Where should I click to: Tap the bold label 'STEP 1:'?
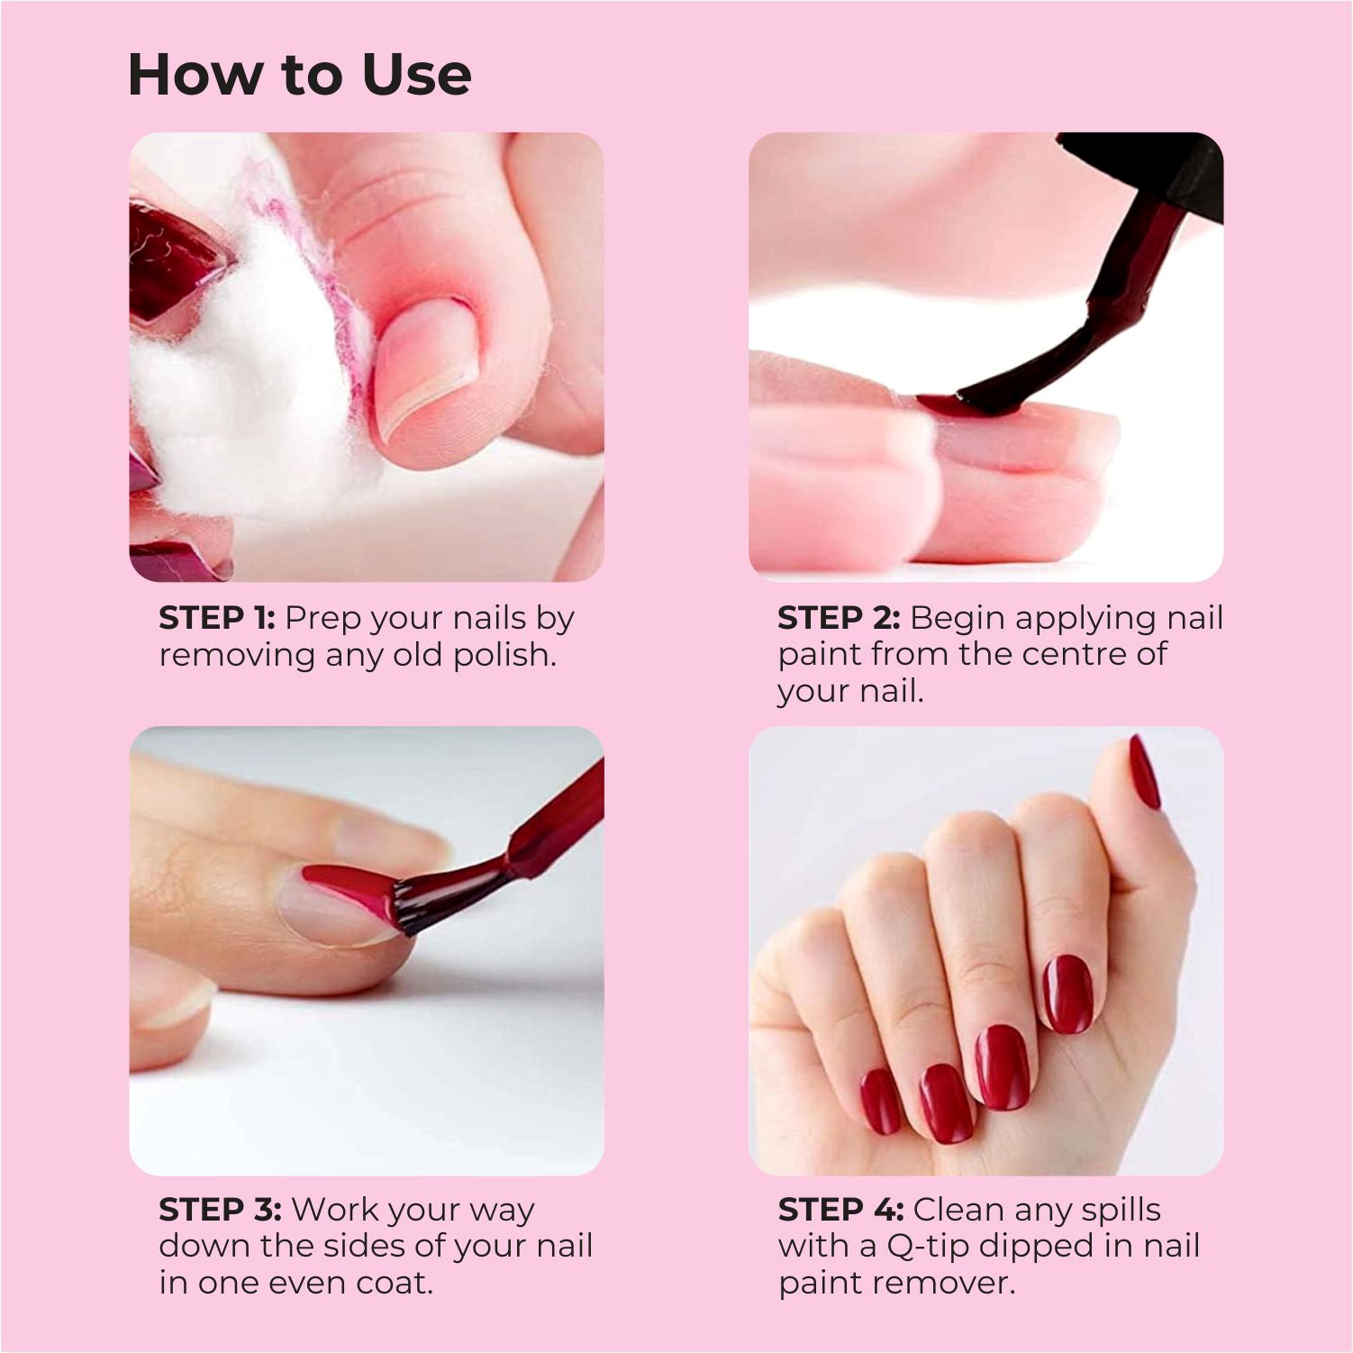click(x=217, y=618)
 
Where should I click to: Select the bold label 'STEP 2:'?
click(x=839, y=618)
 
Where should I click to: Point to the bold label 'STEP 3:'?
click(x=220, y=1210)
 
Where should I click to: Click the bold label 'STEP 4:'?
click(x=840, y=1210)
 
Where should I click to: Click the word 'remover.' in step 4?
click(x=957, y=1283)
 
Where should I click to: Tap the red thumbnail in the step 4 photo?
click(x=1144, y=772)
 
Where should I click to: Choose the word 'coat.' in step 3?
click(x=395, y=1283)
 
